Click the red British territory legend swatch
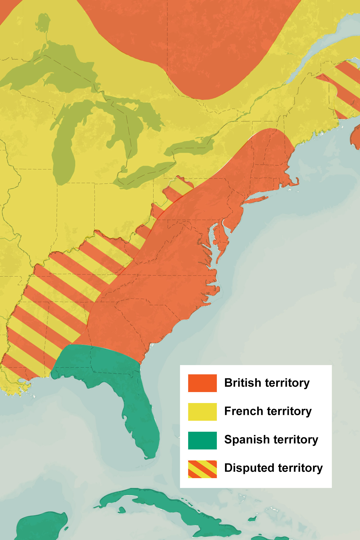(x=202, y=383)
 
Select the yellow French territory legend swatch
(x=202, y=412)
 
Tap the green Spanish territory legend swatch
(x=202, y=440)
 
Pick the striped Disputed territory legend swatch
(x=202, y=469)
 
